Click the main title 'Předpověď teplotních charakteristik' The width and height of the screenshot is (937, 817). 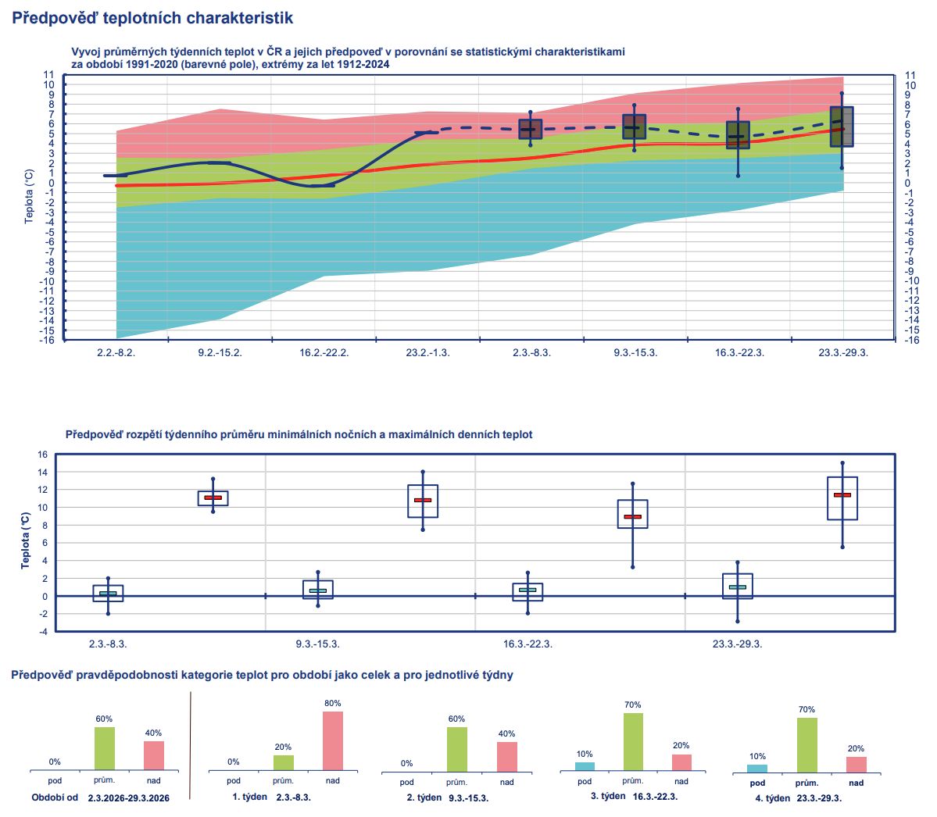pos(153,17)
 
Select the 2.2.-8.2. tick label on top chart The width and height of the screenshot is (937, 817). pos(116,352)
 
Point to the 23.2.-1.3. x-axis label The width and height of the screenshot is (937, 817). pos(427,352)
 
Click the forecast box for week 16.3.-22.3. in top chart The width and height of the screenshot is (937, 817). pos(738,135)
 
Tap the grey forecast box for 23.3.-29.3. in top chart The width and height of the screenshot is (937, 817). pos(842,127)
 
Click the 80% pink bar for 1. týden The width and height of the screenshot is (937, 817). pos(333,740)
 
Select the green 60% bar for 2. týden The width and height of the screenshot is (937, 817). pos(456,749)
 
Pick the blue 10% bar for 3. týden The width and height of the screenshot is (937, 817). pos(585,766)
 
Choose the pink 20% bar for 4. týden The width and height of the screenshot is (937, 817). pos(857,764)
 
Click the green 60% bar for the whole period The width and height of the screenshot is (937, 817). pos(105,748)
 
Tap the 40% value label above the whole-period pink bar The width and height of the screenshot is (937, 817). pos(153,733)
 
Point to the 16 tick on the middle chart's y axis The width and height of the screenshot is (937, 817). pos(42,455)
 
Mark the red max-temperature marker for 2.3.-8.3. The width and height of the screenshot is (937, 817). pos(213,498)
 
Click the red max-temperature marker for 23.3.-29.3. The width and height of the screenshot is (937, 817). pos(842,495)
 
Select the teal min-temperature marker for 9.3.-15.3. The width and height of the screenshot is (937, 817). pos(317,590)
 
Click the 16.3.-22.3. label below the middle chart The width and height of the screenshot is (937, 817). pos(528,644)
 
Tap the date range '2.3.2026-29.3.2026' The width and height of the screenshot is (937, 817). pos(128,798)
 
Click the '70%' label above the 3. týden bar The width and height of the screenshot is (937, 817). pos(633,705)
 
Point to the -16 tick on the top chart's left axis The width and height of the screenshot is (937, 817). pos(48,340)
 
